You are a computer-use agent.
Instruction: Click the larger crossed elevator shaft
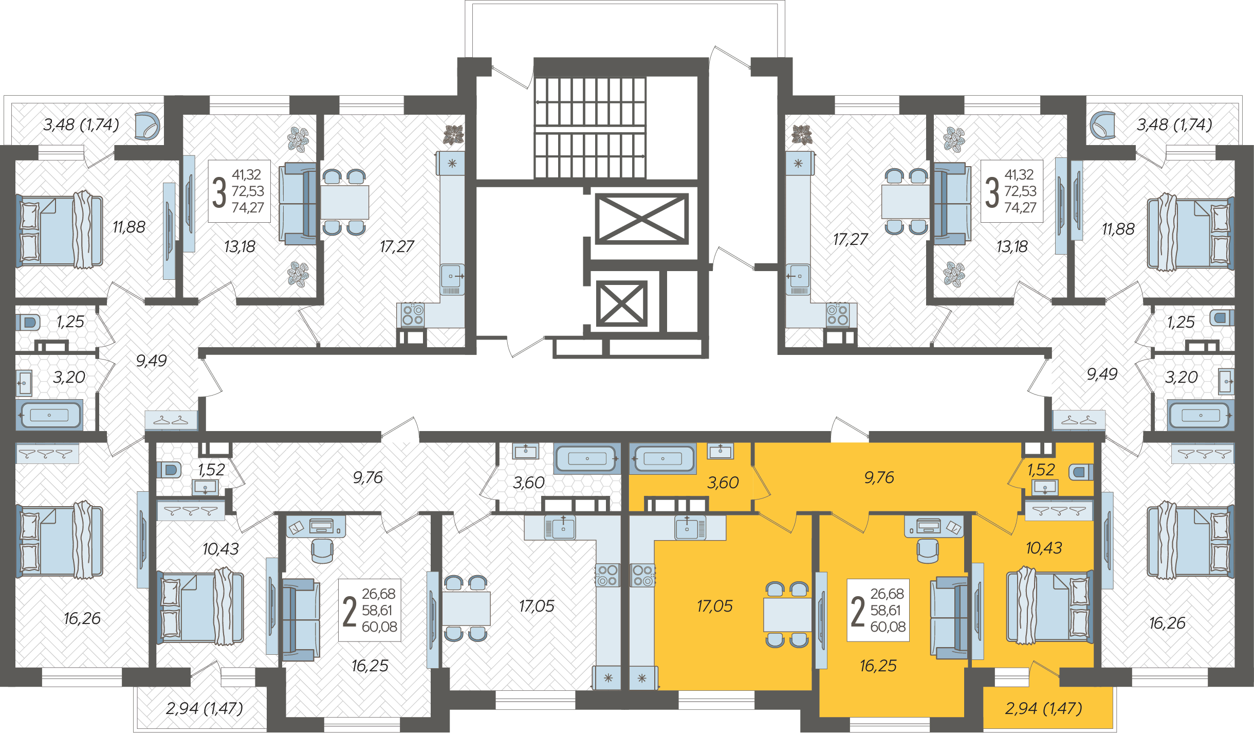click(x=641, y=218)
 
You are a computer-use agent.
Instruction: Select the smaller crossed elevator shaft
click(x=621, y=303)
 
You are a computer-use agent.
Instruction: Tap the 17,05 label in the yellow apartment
click(x=714, y=606)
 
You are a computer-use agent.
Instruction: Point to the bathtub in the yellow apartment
click(x=663, y=458)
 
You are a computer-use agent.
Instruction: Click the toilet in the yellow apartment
click(x=1081, y=472)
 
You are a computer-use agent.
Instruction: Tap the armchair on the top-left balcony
click(x=147, y=126)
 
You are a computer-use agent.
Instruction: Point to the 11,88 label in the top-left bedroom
click(x=129, y=227)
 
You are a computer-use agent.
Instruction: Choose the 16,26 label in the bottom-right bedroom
click(x=1167, y=623)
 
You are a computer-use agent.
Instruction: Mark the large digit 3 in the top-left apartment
click(x=219, y=192)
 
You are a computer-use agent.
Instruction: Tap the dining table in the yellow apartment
click(x=787, y=615)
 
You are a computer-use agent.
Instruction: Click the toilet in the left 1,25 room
click(x=28, y=323)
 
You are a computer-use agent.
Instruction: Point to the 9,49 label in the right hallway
click(x=1102, y=374)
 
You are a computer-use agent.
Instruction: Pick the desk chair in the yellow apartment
click(x=928, y=550)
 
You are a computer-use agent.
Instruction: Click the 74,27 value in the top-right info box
click(x=1020, y=207)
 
